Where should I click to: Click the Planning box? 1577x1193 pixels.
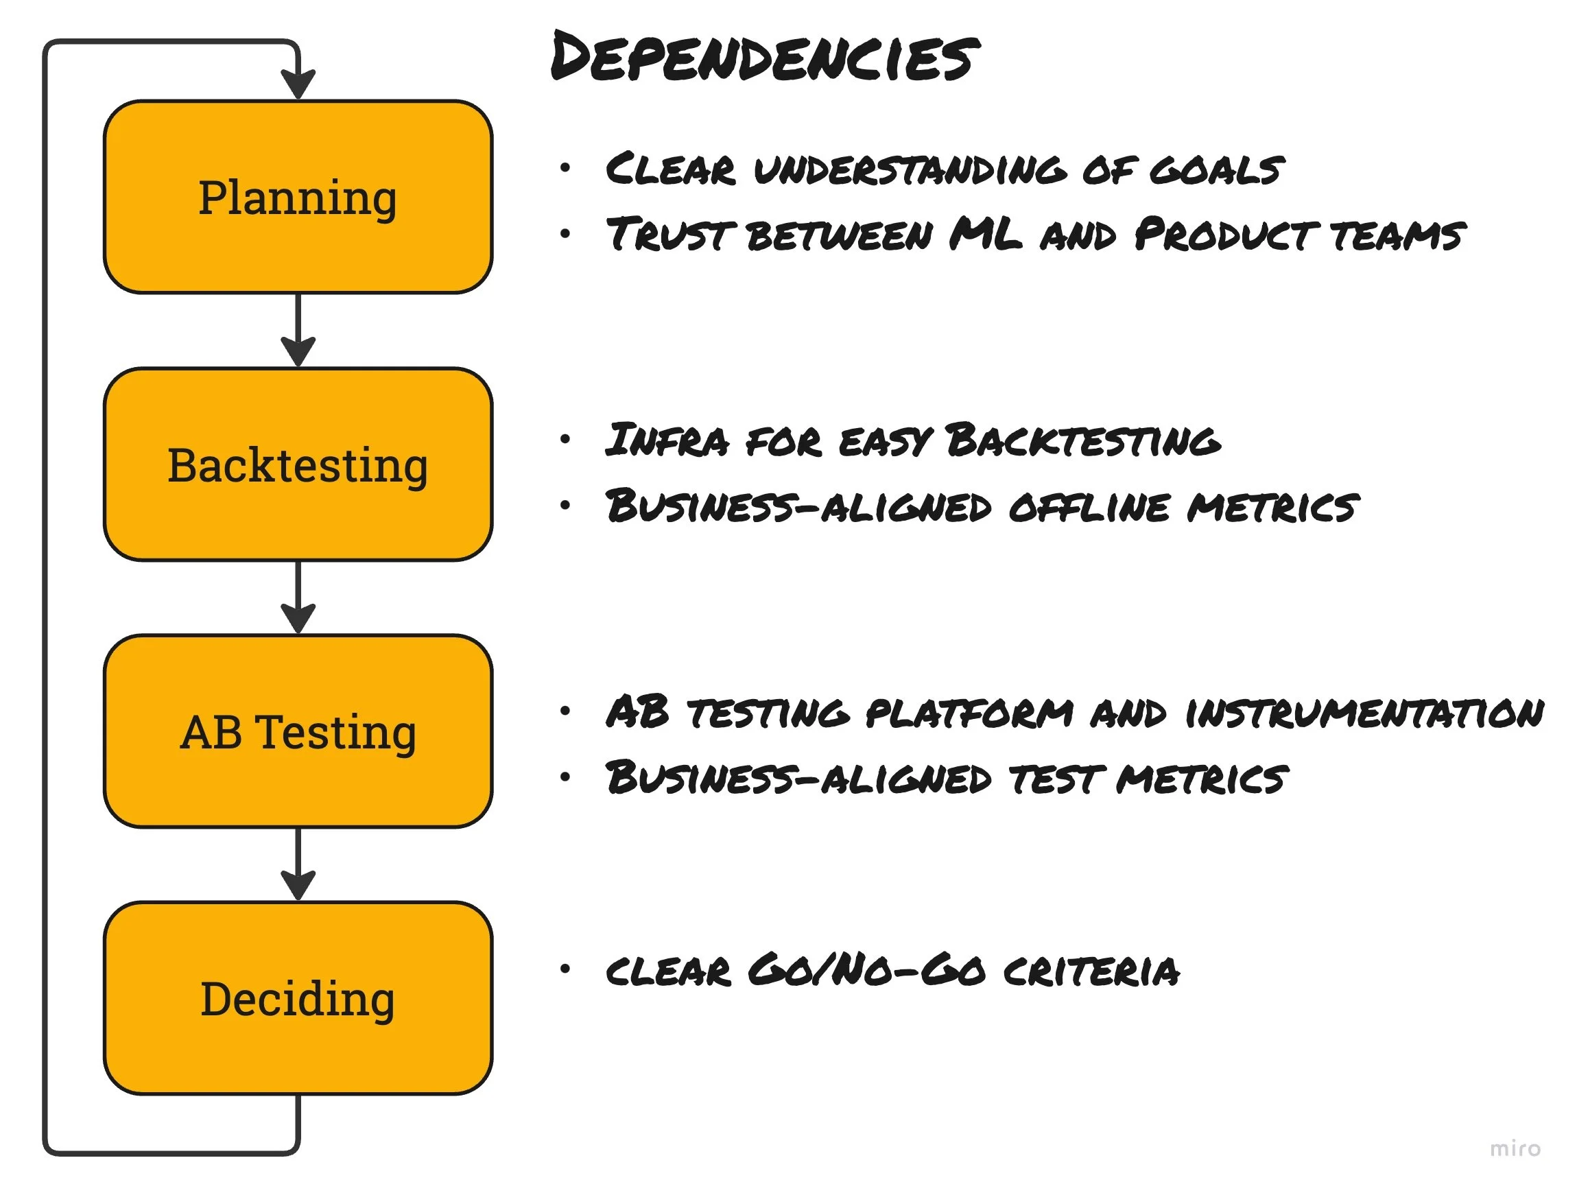pos(298,197)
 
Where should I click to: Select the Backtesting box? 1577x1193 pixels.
pos(298,464)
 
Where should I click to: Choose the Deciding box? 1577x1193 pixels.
pos(298,998)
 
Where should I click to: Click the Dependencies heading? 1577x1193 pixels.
pos(764,57)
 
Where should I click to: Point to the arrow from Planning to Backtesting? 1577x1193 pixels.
pos(298,329)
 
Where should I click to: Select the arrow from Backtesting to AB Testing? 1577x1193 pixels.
pos(298,597)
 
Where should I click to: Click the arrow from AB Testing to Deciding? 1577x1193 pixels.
pos(298,864)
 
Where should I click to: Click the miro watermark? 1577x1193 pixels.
pos(1515,1149)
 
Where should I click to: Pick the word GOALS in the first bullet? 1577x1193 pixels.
pos(1216,169)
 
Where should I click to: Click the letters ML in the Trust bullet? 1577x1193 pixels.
pos(985,234)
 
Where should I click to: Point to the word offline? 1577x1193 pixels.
pos(1089,506)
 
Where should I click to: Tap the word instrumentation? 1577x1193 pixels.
pos(1364,712)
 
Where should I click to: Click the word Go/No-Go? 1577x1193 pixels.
pos(867,970)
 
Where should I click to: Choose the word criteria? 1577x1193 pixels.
pos(1091,971)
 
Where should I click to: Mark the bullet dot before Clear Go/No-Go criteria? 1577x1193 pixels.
pos(565,969)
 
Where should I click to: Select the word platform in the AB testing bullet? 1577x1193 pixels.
pos(969,712)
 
